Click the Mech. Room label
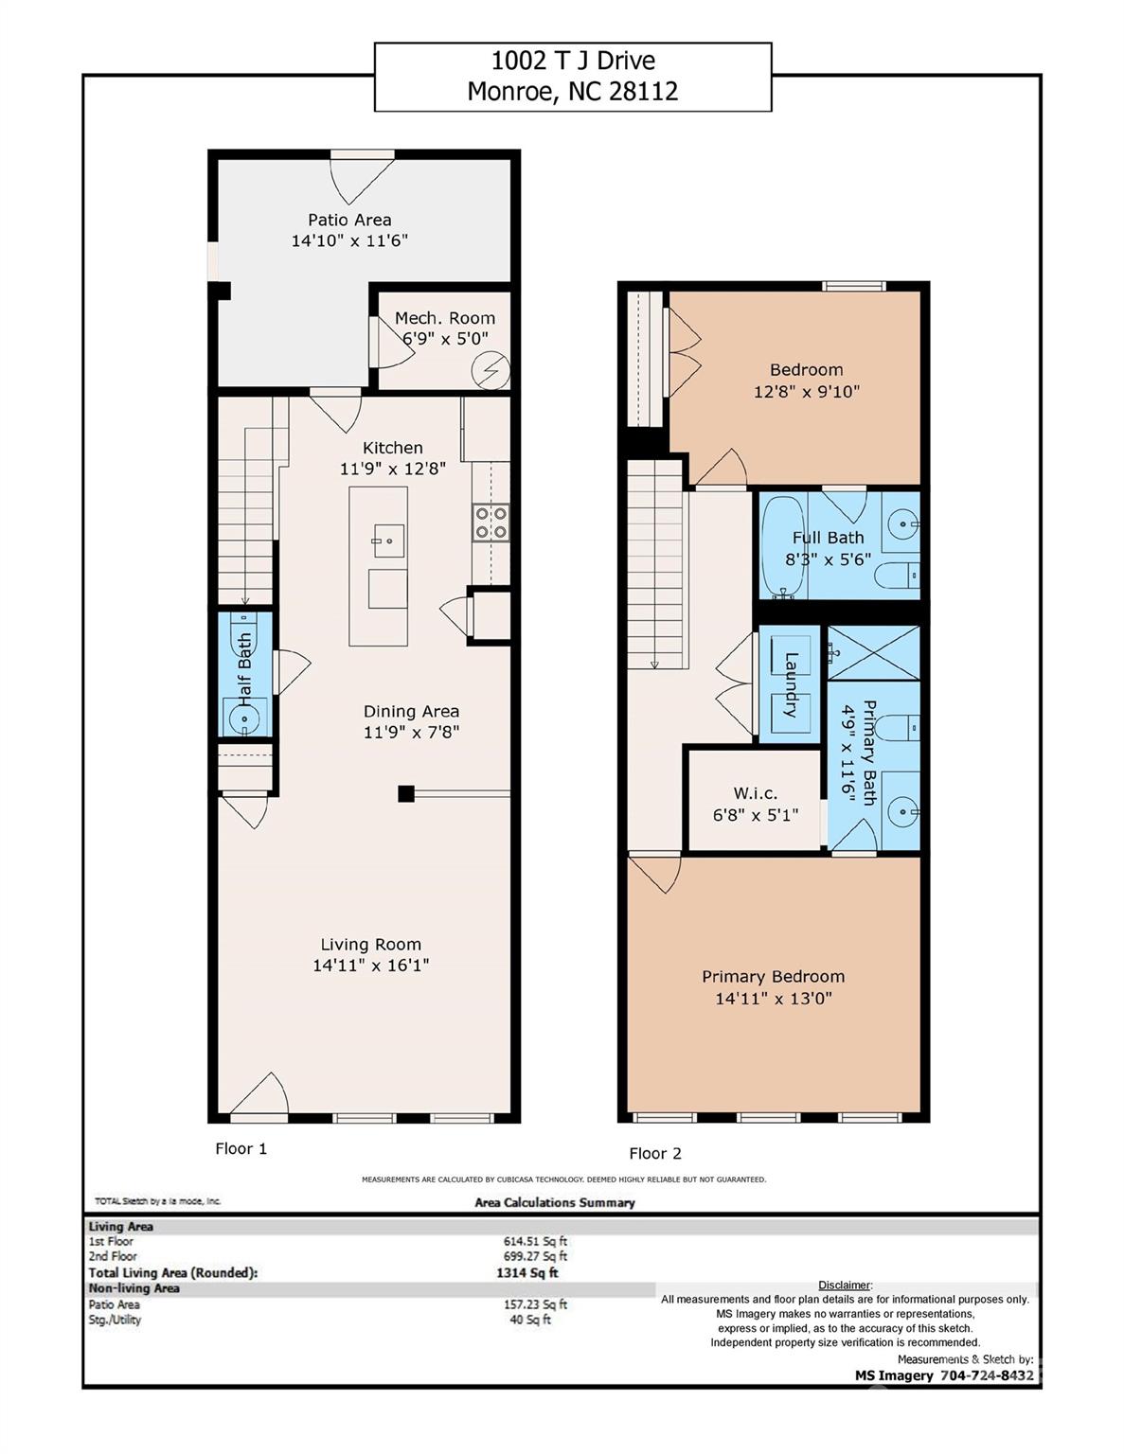pos(445,318)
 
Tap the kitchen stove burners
pos(491,523)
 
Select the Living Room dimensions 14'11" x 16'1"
pos(370,965)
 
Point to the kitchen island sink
pos(388,541)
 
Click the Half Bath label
pos(245,670)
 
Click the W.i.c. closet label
pos(756,793)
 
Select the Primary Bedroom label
pos(774,977)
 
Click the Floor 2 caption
pos(655,1153)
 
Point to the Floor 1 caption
pos(241,1148)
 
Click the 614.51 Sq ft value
pos(535,1241)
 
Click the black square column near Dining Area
pos(406,793)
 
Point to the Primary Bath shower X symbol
pos(874,653)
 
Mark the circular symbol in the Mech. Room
pos(491,370)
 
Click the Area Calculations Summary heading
pos(555,1202)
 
